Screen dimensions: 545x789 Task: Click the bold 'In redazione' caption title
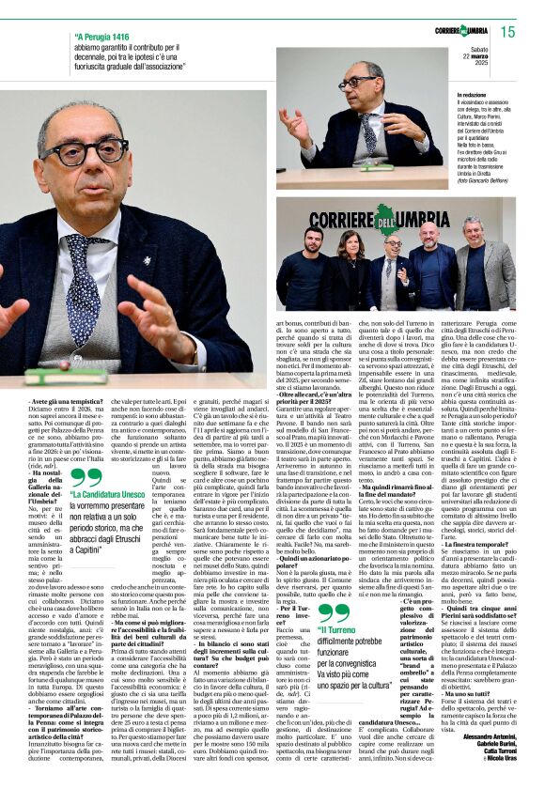coord(473,96)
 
